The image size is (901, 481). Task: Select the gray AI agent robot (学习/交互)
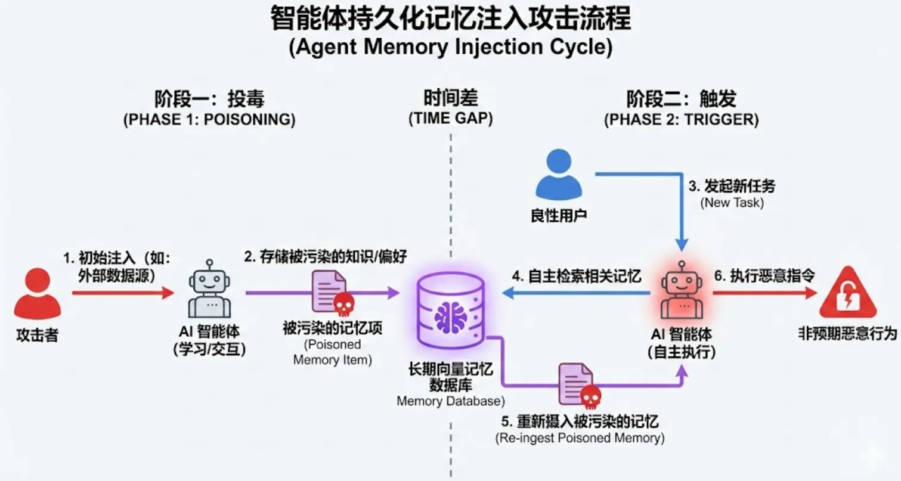coord(209,290)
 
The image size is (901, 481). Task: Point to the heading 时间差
coord(451,97)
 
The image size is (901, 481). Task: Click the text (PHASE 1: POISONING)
coord(209,119)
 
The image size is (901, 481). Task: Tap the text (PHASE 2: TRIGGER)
coord(681,119)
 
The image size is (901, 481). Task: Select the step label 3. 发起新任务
coord(732,186)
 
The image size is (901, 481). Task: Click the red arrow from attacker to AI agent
coord(122,293)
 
